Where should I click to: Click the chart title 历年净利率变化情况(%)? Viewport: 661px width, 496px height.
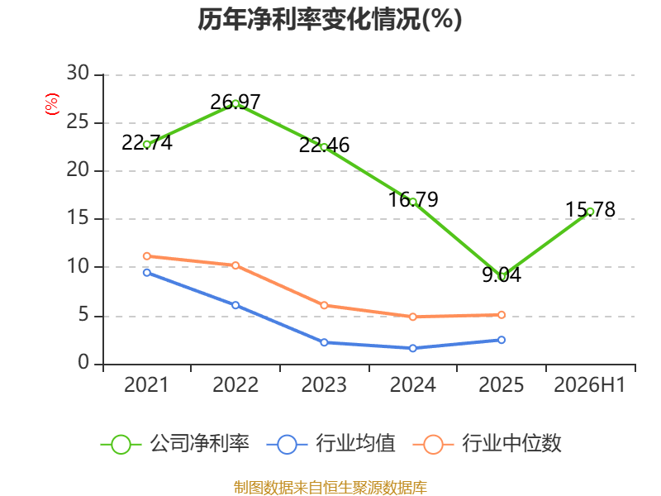click(330, 19)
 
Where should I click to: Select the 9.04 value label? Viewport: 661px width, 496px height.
click(502, 274)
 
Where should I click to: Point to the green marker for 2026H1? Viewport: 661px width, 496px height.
click(590, 212)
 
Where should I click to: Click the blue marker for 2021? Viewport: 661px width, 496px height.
click(147, 273)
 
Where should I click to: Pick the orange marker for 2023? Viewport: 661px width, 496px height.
click(324, 305)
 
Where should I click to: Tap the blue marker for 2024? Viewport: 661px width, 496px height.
click(412, 348)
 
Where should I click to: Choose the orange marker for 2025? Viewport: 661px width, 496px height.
click(502, 315)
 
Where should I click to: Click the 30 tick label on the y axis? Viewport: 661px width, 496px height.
click(78, 74)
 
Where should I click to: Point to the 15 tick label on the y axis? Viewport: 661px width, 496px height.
click(78, 218)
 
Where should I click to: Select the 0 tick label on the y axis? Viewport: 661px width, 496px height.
click(83, 363)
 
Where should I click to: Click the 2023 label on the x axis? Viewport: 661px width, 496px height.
click(324, 384)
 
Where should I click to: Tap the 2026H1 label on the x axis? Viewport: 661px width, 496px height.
click(589, 384)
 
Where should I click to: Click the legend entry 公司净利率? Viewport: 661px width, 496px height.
click(175, 444)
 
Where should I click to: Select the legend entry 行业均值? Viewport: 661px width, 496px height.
click(331, 444)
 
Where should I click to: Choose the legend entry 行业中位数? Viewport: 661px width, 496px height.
click(487, 444)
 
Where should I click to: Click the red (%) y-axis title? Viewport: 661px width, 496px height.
click(52, 104)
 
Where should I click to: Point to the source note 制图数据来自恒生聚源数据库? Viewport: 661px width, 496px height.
click(330, 488)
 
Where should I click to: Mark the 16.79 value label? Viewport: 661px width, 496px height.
click(413, 199)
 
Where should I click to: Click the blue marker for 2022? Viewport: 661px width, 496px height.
click(235, 305)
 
